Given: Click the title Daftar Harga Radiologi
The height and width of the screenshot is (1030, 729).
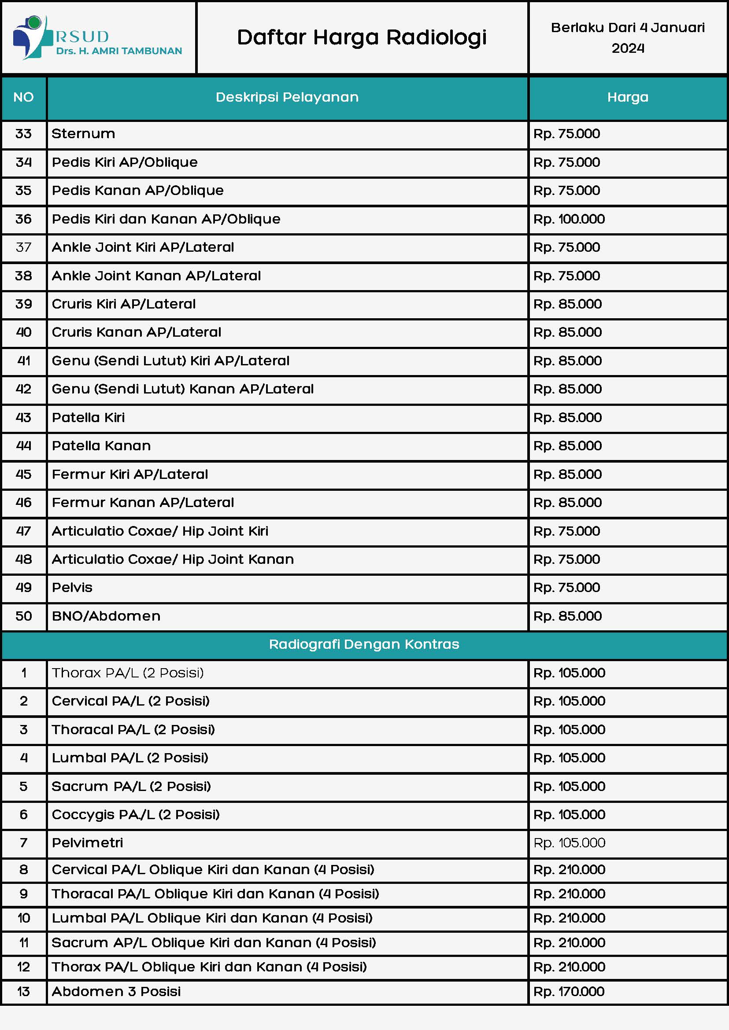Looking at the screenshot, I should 362,38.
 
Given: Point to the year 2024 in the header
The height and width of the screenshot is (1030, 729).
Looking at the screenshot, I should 628,48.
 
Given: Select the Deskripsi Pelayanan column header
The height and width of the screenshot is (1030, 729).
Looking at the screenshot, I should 287,97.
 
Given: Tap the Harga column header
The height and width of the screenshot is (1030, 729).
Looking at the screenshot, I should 628,97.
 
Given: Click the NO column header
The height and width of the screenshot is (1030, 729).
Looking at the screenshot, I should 24,97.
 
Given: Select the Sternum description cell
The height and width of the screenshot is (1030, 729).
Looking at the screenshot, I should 84,134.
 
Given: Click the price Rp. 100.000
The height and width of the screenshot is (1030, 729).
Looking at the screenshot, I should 569,219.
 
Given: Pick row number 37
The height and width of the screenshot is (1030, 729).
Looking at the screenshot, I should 24,247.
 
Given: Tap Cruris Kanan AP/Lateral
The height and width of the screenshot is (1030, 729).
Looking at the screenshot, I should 137,332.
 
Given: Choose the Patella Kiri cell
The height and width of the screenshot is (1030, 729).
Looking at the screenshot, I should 89,418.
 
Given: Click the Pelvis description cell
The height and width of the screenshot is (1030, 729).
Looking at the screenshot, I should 72,588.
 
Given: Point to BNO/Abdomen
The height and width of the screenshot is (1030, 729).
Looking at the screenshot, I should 106,616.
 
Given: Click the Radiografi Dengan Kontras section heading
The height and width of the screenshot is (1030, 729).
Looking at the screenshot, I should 364,644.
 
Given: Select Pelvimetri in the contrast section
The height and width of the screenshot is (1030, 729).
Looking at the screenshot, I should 88,843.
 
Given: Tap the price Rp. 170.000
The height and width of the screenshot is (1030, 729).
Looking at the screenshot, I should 569,991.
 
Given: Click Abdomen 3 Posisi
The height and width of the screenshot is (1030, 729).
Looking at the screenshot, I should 116,991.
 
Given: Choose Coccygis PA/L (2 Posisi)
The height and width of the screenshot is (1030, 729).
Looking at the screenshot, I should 136,815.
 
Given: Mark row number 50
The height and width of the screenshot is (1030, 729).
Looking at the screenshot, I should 24,616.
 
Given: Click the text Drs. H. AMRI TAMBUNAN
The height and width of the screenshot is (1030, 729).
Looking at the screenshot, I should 119,51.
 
